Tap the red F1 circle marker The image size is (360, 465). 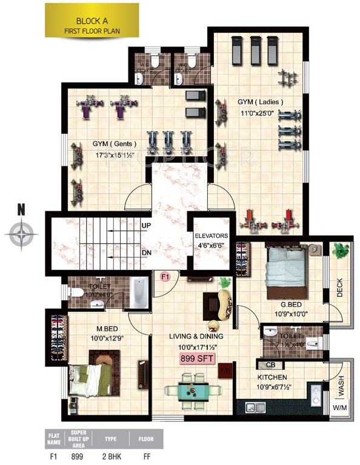164,277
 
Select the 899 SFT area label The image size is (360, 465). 194,358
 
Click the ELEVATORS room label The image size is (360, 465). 211,236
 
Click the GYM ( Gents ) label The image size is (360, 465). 115,144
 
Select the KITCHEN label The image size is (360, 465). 271,377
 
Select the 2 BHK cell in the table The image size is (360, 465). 111,455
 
